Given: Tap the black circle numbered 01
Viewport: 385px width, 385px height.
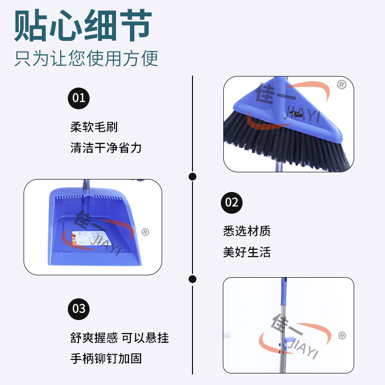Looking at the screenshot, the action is pos(78,98).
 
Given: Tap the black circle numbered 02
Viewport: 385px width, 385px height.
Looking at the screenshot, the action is pos(232,202).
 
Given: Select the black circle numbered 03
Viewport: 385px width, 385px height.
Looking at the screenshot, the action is pos(78,308).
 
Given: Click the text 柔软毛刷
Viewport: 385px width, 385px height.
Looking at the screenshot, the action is pos(94,128).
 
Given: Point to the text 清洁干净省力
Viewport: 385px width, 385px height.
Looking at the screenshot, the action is pos(106,147).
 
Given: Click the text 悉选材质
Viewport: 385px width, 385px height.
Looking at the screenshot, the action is pos(246,231).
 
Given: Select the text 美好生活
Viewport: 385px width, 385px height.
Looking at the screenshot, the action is pos(246,252).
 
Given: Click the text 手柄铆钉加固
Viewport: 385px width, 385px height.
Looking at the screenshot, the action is pos(106,359).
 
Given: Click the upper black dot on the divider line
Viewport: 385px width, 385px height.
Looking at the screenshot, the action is pos(192,177).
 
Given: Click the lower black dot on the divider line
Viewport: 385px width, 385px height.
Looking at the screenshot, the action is pos(192,279).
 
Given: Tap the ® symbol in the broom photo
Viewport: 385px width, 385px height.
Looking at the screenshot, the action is pos(341,85).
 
